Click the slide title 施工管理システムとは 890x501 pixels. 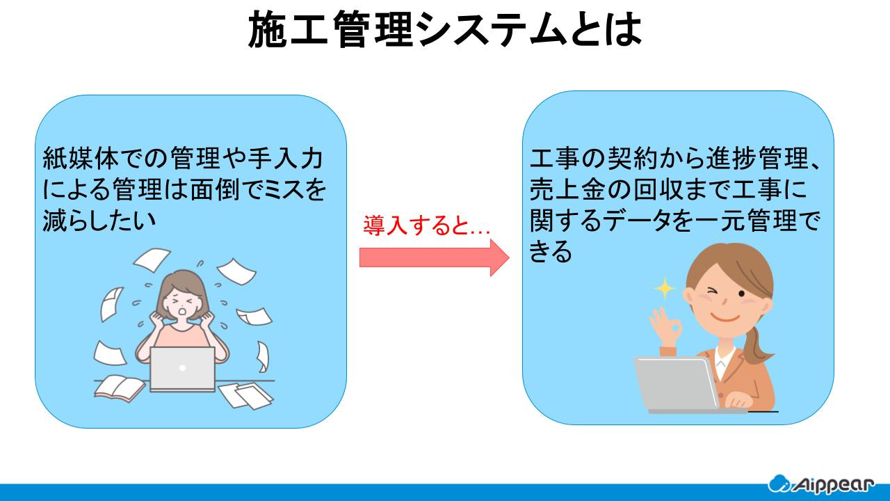pyautogui.click(x=445, y=29)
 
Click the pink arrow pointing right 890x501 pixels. pyautogui.click(x=435, y=257)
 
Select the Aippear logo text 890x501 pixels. pyautogui.click(x=834, y=485)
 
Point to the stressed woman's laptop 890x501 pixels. pyautogui.click(x=183, y=369)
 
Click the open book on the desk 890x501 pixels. pyautogui.click(x=120, y=388)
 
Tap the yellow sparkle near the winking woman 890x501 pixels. pyautogui.click(x=665, y=289)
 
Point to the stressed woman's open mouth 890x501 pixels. pyautogui.click(x=182, y=310)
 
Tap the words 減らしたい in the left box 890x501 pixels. pyautogui.click(x=99, y=219)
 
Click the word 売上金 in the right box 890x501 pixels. pyautogui.click(x=568, y=189)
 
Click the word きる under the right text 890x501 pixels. pyautogui.click(x=551, y=251)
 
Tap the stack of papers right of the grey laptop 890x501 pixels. pyautogui.click(x=246, y=395)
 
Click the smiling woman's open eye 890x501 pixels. pyautogui.click(x=741, y=294)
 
